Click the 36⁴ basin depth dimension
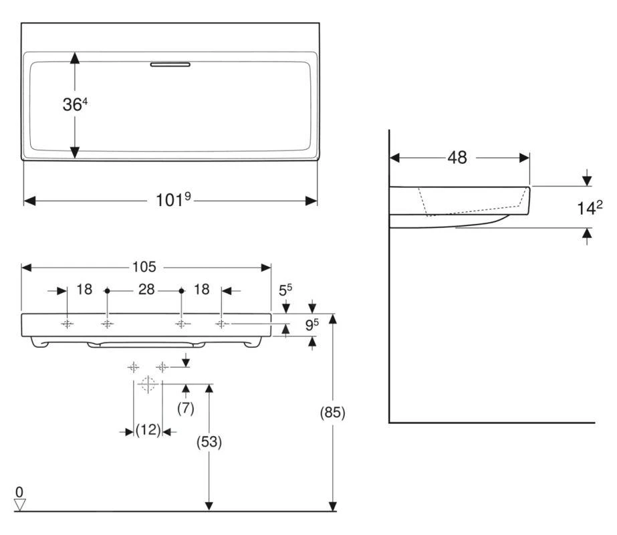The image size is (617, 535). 75,105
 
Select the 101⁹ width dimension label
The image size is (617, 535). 174,200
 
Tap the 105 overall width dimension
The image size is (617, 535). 144,267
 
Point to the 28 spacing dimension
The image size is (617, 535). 146,290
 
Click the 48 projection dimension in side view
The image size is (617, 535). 457,158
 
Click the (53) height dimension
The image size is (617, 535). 209,442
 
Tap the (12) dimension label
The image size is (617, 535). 148,431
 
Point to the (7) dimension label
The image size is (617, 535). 185,409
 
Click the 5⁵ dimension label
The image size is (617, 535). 285,290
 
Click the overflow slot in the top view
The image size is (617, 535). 170,64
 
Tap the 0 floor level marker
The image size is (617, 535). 19,492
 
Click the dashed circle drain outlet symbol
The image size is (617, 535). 148,384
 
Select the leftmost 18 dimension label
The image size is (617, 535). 84,290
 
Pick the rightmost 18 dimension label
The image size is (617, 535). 202,290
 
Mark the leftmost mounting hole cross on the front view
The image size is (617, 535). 68,324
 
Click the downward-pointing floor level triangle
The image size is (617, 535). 19,505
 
